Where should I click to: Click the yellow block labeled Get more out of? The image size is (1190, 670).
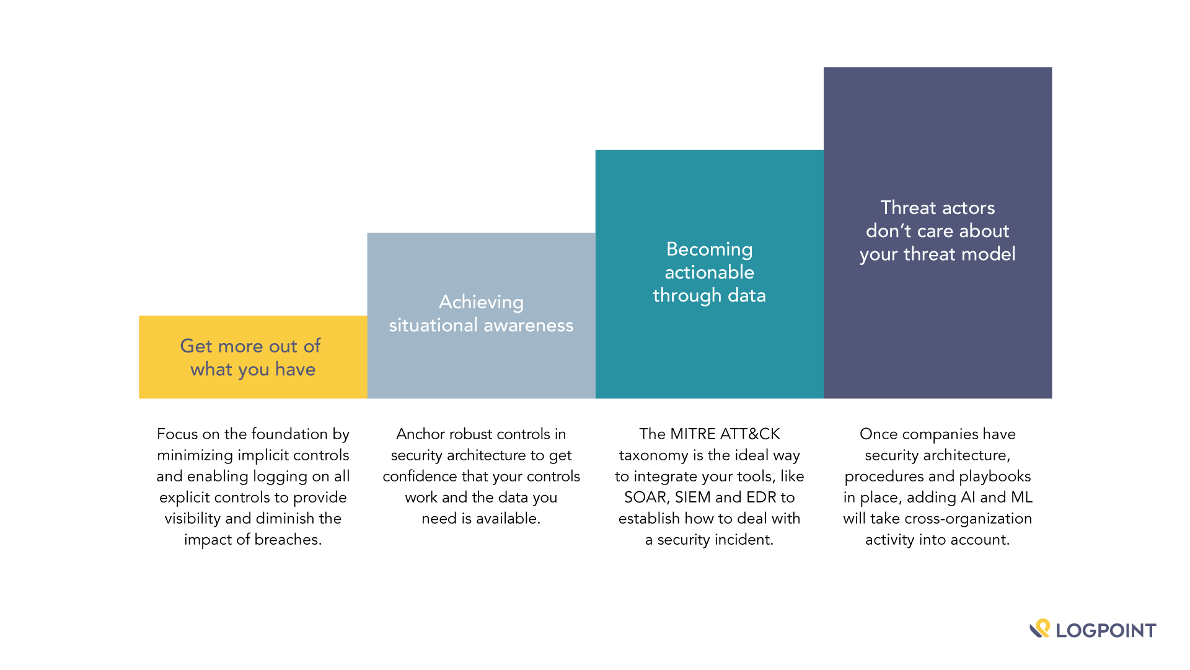click(253, 357)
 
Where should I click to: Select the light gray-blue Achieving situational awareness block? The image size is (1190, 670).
click(481, 315)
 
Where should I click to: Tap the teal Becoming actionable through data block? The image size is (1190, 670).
click(710, 274)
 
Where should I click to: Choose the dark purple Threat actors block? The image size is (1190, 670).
click(938, 233)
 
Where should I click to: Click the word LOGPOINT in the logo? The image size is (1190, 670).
click(1106, 631)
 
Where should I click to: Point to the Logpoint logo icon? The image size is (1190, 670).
click(1040, 628)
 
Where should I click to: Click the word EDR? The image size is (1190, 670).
click(761, 498)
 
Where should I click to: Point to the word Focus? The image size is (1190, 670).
click(177, 434)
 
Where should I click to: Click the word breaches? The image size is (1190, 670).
click(288, 540)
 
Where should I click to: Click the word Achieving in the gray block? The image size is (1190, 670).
click(481, 303)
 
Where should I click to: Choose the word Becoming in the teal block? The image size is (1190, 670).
click(710, 249)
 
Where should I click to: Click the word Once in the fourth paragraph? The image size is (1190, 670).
click(878, 434)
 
